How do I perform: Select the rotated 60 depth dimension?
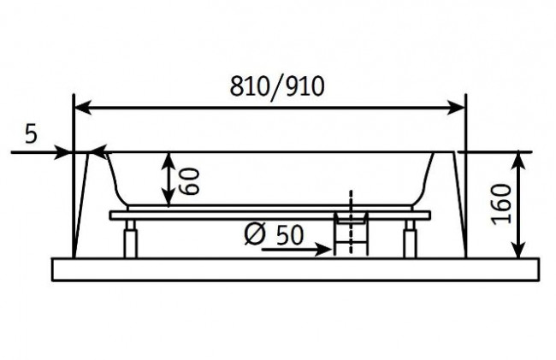click(x=191, y=180)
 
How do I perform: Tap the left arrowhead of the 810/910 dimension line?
click(x=82, y=109)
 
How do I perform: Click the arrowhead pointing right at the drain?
click(x=324, y=251)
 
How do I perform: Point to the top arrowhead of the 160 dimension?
click(x=518, y=159)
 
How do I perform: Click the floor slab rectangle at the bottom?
click(x=296, y=269)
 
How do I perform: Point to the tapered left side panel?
click(x=83, y=205)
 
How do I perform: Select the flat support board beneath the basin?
click(x=270, y=214)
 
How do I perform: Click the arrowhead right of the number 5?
click(x=65, y=153)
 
